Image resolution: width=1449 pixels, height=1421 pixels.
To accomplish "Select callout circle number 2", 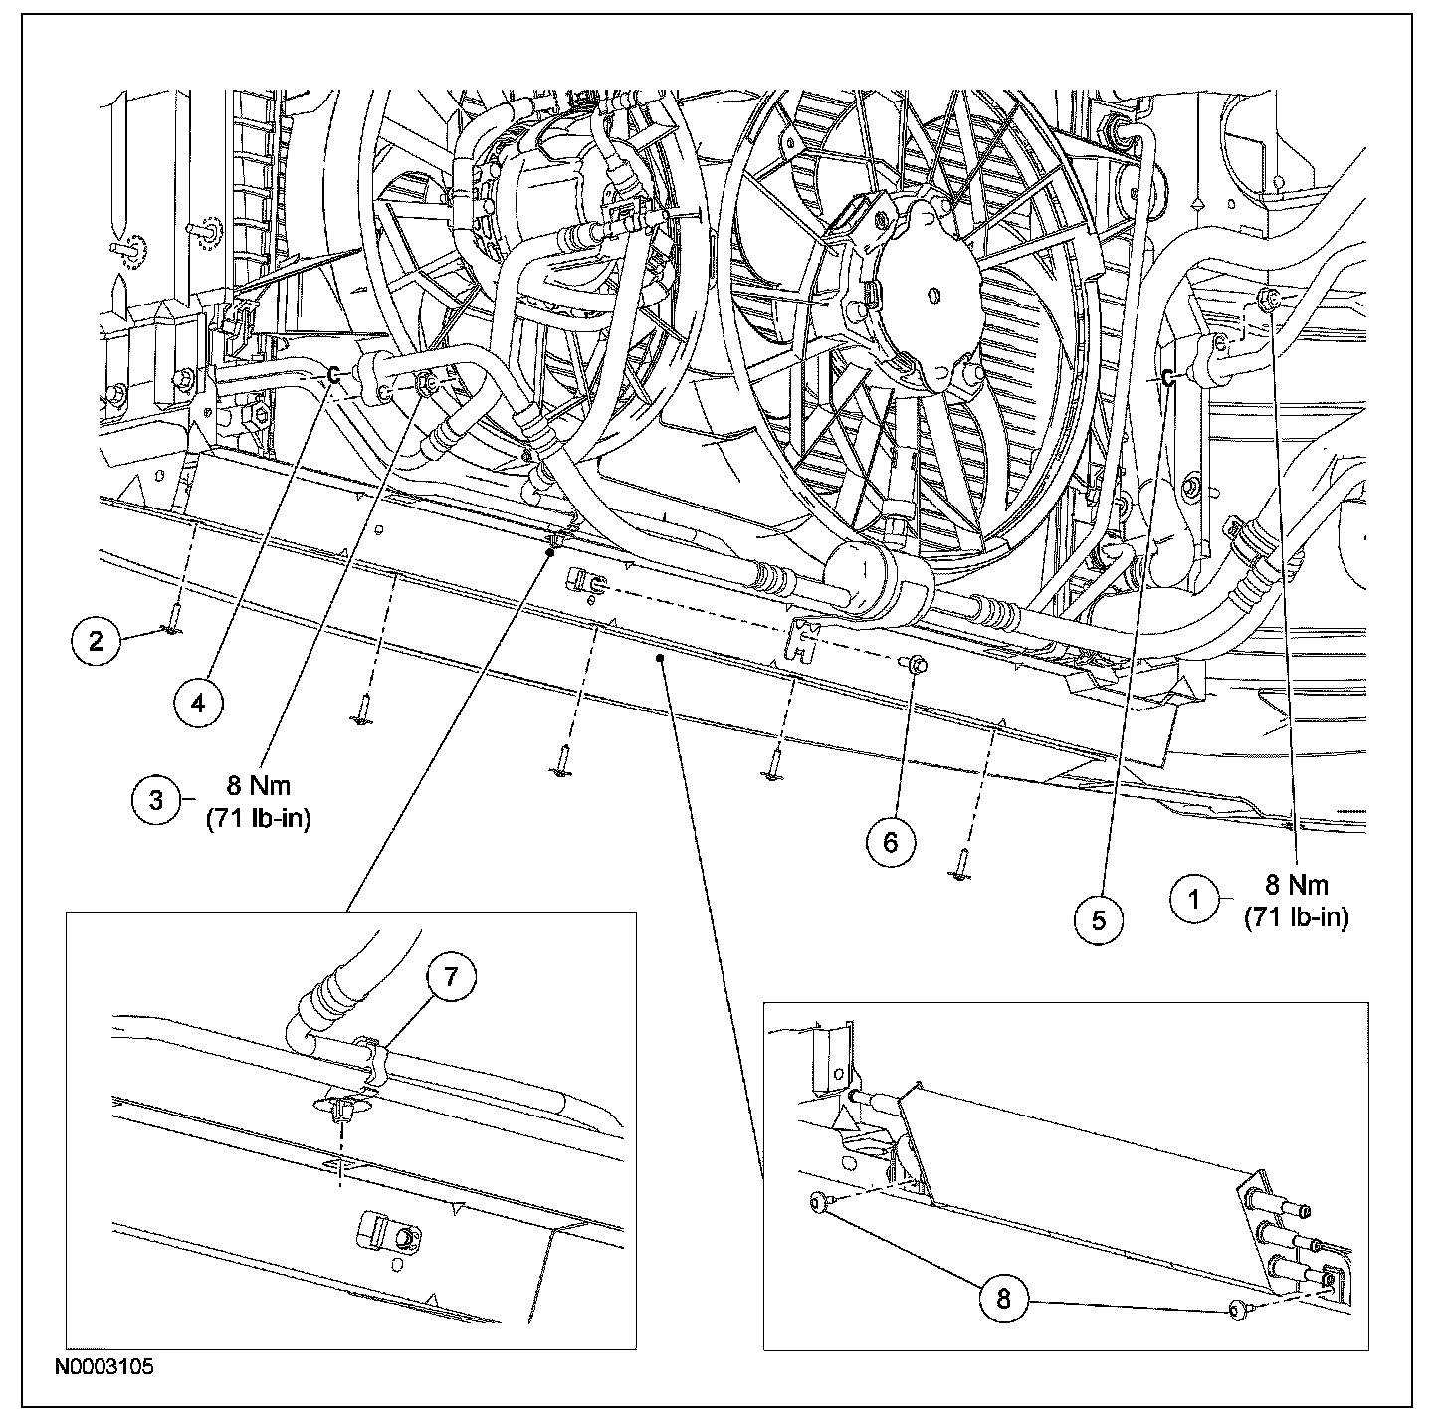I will (96, 640).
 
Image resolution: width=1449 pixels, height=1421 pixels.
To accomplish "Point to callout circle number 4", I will (198, 703).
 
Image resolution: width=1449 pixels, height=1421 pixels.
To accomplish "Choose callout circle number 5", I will (1099, 920).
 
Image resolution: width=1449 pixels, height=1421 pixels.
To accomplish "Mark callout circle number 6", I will (890, 842).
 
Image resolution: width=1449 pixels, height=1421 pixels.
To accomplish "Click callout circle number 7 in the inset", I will (452, 978).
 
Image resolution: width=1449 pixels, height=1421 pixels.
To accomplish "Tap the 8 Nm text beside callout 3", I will (258, 786).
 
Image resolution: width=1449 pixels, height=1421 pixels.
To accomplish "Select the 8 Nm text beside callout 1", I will (1296, 884).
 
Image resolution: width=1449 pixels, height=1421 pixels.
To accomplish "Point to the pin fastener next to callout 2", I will (173, 625).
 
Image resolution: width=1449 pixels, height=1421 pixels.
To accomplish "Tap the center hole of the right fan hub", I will (932, 295).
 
